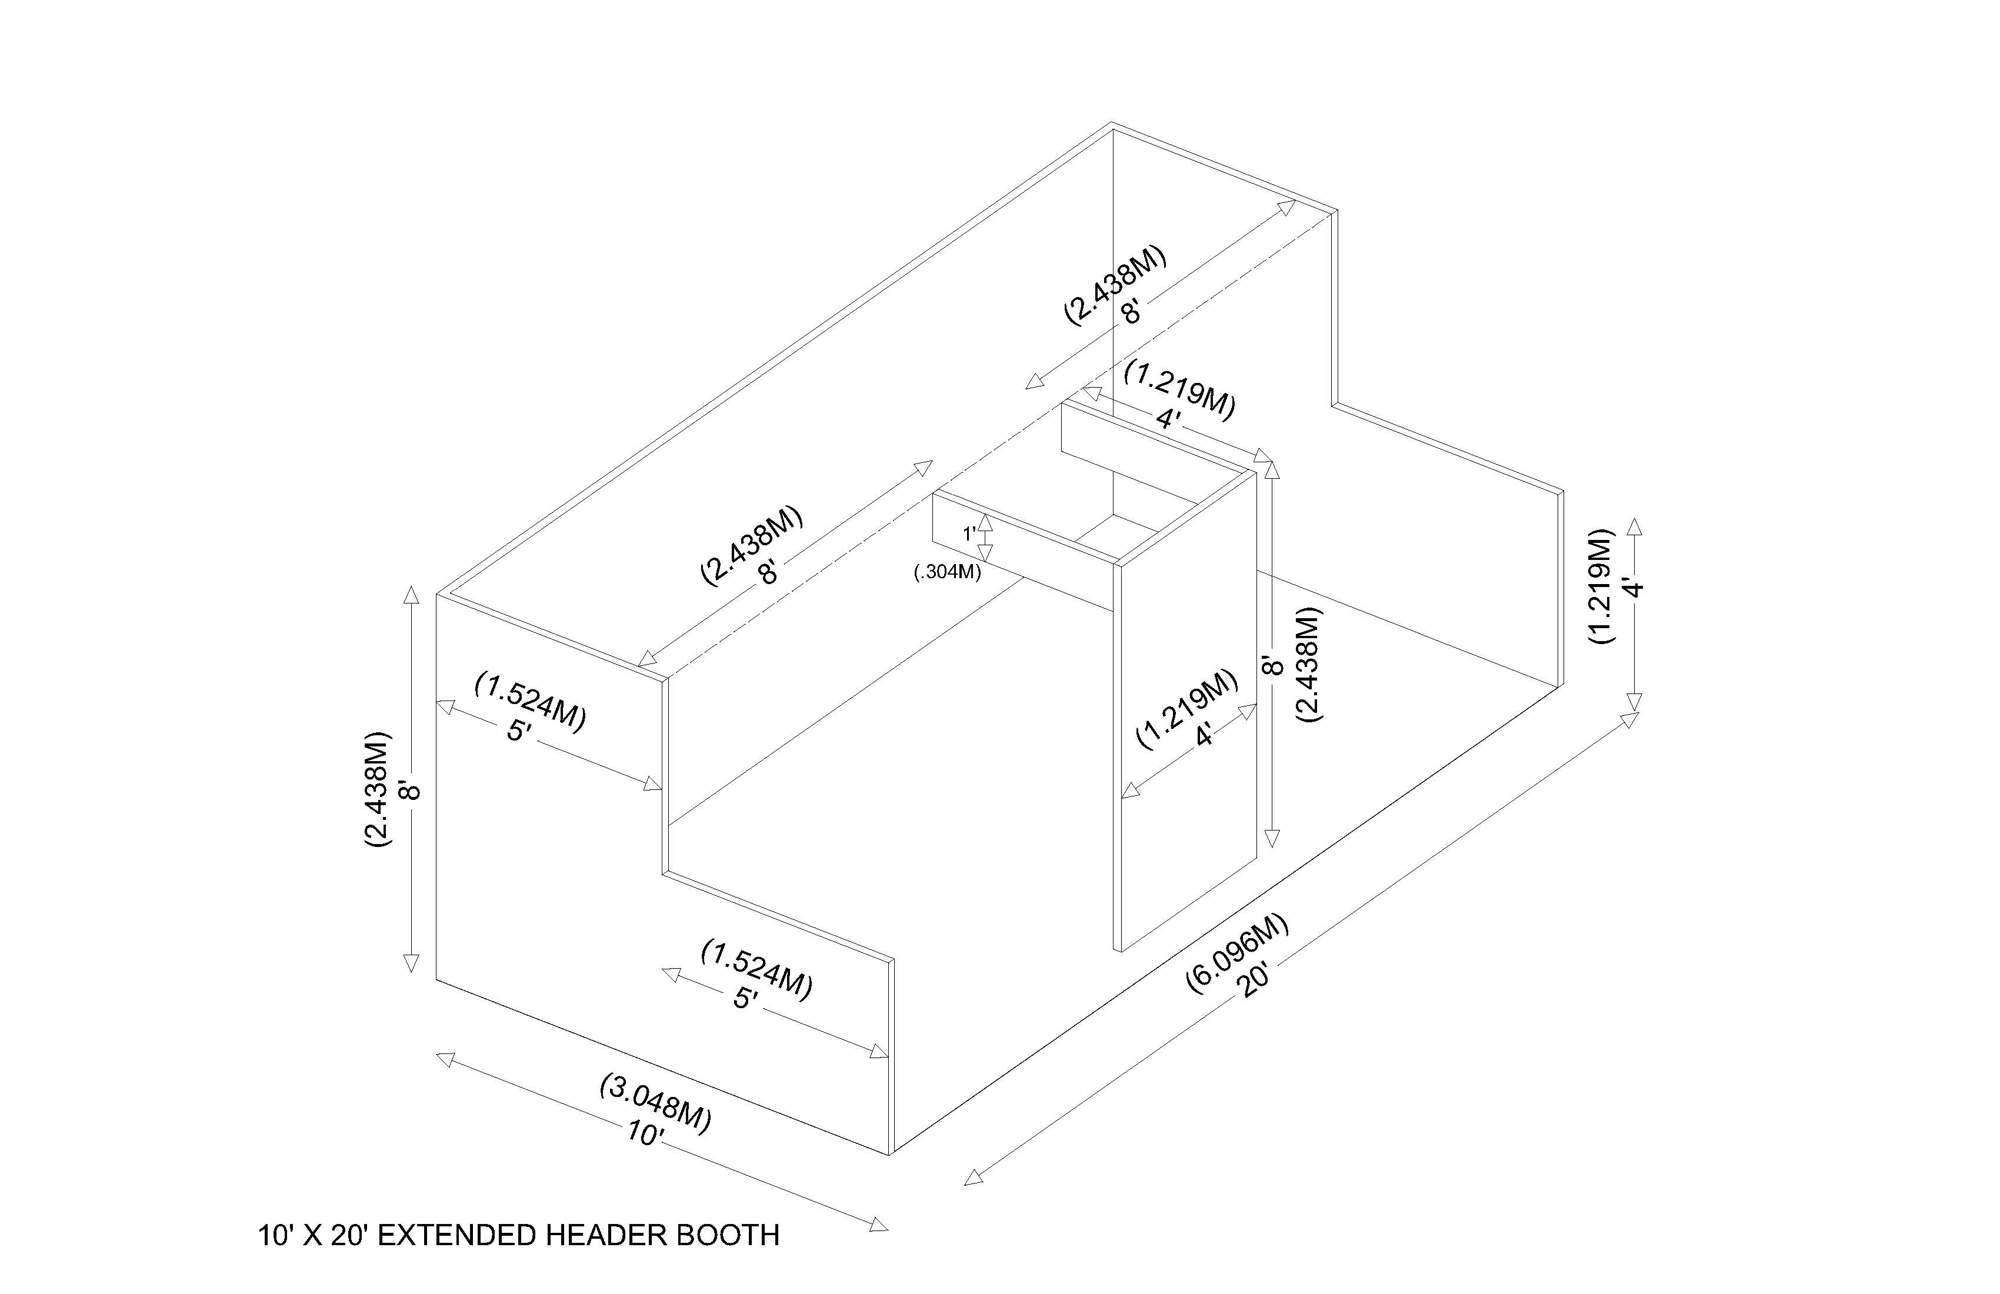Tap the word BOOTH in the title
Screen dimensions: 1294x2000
728,1235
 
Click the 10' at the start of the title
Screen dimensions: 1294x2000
275,1235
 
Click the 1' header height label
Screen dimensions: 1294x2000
969,533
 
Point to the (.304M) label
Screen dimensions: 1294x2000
947,573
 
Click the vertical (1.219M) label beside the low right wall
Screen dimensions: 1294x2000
1602,586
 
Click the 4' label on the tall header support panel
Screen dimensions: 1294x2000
1205,735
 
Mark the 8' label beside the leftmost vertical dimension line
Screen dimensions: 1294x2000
409,790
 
